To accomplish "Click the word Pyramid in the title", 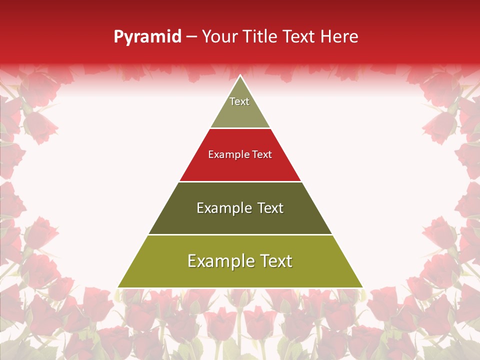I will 147,37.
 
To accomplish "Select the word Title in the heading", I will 260,37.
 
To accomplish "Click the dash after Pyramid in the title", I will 191,37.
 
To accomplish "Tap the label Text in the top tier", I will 239,101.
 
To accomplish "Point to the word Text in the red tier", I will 262,155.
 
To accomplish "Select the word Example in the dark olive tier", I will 224,208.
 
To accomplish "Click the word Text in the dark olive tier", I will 270,208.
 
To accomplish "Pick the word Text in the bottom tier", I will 276,261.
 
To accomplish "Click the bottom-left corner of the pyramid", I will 118,287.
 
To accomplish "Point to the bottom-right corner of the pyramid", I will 362,287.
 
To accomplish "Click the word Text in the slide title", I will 299,37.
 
